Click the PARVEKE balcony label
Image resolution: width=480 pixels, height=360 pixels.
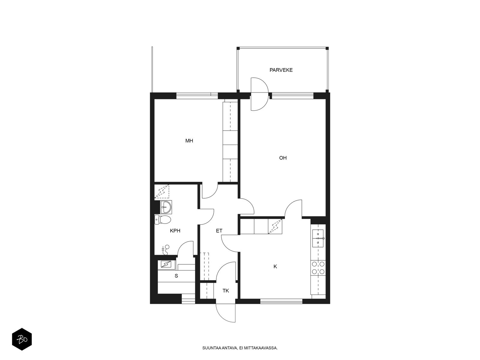pos(281,70)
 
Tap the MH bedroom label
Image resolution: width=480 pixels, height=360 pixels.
pos(189,141)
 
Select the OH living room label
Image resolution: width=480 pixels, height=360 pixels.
pos(283,158)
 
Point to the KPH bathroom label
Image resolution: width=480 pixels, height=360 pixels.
pos(175,231)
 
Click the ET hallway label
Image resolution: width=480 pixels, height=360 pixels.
pos(219,231)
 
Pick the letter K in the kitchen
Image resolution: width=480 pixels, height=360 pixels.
pos(275,266)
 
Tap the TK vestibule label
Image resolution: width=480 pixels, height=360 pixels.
pos(226,291)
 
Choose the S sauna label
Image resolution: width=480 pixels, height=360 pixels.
pos(176,276)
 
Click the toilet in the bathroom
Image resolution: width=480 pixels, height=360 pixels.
pos(163,220)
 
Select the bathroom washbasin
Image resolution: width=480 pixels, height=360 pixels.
pos(166,207)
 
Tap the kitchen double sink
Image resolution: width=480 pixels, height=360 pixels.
pos(318,238)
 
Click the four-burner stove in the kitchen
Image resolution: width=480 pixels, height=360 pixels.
pos(318,268)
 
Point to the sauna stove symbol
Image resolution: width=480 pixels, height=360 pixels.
pos(166,264)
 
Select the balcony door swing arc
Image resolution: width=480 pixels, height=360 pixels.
pos(259,94)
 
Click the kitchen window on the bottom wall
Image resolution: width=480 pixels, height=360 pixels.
pos(281,301)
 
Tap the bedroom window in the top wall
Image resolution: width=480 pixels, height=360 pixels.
pos(197,94)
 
